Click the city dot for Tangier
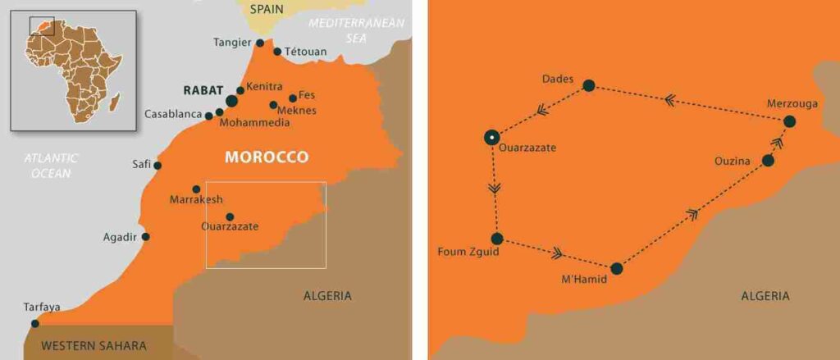click(x=260, y=43)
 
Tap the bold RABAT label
click(x=202, y=90)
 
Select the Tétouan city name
click(x=307, y=52)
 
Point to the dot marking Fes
click(x=293, y=98)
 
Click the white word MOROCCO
click(x=267, y=157)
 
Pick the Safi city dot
click(x=157, y=165)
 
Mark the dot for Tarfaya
click(x=34, y=323)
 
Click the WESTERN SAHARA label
click(x=94, y=345)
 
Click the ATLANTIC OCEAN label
click(x=51, y=166)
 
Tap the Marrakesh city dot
click(x=196, y=189)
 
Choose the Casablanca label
click(x=173, y=114)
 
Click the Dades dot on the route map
click(x=588, y=85)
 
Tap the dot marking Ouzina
click(x=768, y=161)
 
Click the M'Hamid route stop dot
click(x=616, y=268)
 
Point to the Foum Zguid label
click(x=469, y=253)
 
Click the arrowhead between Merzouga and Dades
click(x=669, y=99)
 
